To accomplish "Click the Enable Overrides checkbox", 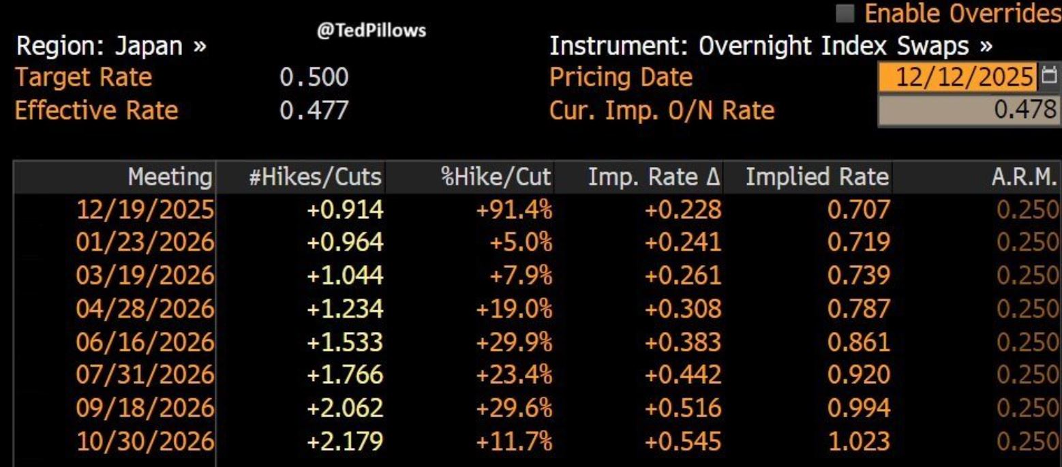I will click(848, 13).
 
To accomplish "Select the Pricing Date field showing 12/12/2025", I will click(959, 77).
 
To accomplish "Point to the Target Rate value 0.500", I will click(314, 78).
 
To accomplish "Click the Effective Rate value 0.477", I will click(314, 110).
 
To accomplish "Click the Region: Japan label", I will click(112, 47).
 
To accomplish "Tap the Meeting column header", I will click(170, 177).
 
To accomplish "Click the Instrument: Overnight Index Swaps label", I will click(770, 47).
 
